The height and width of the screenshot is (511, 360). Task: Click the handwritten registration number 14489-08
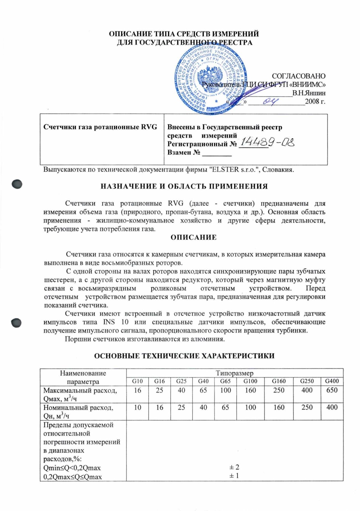coord(267,141)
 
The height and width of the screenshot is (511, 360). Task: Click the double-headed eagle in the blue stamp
coord(210,79)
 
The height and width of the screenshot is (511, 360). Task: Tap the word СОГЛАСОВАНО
coord(298,76)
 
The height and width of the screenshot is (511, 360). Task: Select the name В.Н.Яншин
coord(309,93)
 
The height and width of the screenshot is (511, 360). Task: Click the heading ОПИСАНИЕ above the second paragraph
coord(193,237)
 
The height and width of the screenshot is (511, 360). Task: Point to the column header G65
coord(225,381)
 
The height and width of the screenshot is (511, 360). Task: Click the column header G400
coord(332,381)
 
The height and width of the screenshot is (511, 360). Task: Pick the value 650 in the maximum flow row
coord(332,390)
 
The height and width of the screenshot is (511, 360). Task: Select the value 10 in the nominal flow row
coord(137,407)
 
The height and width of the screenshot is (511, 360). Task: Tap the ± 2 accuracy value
coord(234,467)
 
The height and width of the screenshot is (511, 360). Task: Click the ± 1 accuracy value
coord(234,476)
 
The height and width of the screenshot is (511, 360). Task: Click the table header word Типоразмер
coord(235,373)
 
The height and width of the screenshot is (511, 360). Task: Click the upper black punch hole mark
coord(17,184)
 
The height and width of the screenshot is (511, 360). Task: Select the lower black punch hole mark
coord(16,323)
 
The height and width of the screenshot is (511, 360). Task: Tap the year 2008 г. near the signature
coord(315,102)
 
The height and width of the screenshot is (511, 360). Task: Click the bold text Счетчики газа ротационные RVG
coord(100,127)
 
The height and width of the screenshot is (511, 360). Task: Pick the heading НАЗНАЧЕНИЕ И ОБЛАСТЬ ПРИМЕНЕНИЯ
coord(184,187)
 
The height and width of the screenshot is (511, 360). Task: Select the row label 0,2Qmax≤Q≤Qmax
coord(73,477)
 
